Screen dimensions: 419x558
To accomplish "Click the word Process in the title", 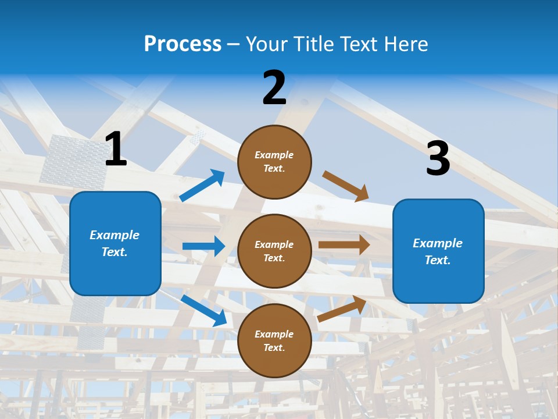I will (x=183, y=44).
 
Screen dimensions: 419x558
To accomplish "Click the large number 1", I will (x=116, y=149).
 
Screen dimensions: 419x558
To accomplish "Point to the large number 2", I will (x=274, y=87).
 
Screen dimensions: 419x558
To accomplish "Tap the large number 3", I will (x=438, y=158).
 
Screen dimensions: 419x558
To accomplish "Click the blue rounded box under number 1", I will (x=115, y=243).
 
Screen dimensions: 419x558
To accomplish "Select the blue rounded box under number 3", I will (x=438, y=251).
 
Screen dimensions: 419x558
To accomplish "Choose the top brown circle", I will (x=274, y=162).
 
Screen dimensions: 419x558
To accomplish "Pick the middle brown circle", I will (x=274, y=251).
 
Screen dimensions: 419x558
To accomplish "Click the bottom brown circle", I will (x=274, y=341).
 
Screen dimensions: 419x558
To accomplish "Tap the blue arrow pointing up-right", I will (x=202, y=186).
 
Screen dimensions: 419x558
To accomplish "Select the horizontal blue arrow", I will (x=203, y=246).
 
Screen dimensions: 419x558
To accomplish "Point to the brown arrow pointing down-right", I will (x=346, y=186).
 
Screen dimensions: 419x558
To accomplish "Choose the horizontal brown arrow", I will (x=344, y=244).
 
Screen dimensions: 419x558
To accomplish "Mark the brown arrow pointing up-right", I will (x=342, y=308).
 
